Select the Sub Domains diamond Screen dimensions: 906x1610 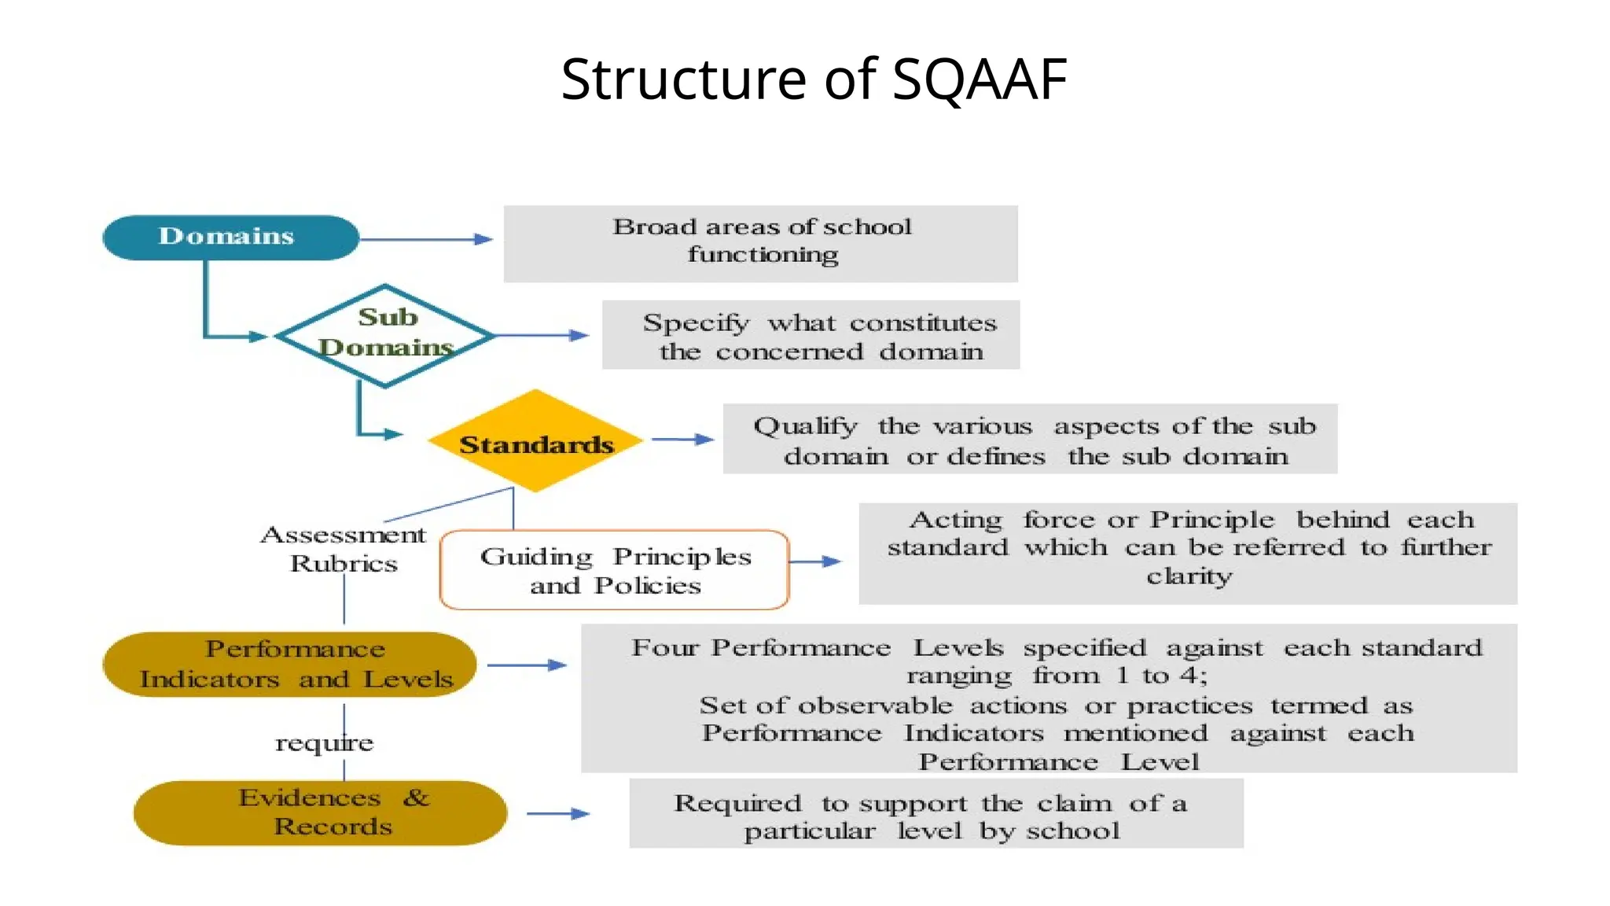point(385,335)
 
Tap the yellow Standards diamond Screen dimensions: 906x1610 point(535,442)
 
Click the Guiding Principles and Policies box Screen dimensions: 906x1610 point(614,570)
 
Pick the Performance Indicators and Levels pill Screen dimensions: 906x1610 point(290,665)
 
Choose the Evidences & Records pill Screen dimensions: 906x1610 point(320,812)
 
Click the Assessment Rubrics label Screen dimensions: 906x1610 point(344,549)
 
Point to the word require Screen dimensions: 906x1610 point(324,742)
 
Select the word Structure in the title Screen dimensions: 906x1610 point(684,79)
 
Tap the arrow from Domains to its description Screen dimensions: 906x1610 point(426,239)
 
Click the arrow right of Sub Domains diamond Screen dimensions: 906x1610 point(542,335)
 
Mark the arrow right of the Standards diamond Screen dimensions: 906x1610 point(682,439)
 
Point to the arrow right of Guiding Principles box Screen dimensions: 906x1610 point(814,562)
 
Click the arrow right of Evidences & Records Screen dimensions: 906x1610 point(558,813)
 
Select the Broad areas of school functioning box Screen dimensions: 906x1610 point(760,243)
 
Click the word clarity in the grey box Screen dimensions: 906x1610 point(1189,576)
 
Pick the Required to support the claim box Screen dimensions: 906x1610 point(935,813)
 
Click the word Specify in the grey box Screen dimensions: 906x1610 point(696,322)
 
